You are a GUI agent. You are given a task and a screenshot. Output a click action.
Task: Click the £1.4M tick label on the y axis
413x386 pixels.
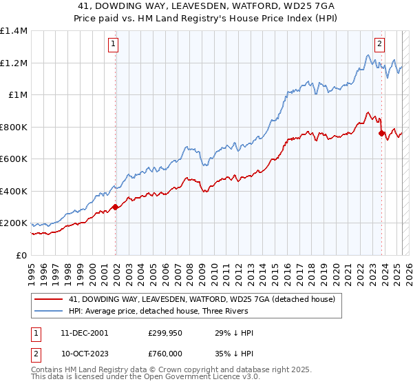coord(14,31)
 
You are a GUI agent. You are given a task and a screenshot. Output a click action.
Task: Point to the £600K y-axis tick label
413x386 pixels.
coord(14,159)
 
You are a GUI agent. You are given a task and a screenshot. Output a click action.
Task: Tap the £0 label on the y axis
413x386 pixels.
coord(21,255)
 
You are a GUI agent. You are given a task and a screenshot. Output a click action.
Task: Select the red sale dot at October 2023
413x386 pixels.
coord(381,134)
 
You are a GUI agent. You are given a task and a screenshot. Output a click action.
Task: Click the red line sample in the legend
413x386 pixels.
coord(48,299)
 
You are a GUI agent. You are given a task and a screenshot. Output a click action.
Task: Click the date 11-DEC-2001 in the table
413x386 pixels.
coord(85,333)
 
